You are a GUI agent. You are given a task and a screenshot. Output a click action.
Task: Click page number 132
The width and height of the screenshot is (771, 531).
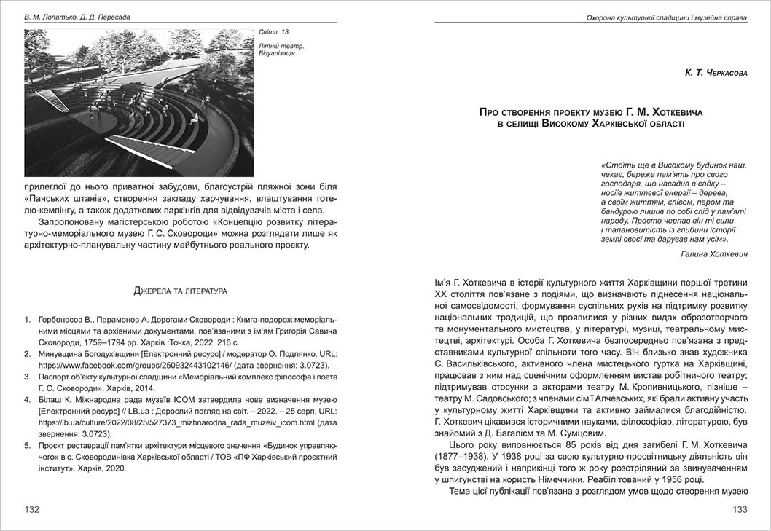click(x=32, y=509)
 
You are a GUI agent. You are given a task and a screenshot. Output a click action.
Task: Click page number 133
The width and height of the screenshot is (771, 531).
click(x=740, y=509)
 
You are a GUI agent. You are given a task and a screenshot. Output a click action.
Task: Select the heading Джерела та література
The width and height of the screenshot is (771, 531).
click(x=180, y=291)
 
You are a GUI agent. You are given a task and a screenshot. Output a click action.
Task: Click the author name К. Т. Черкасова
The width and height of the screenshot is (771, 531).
click(x=716, y=73)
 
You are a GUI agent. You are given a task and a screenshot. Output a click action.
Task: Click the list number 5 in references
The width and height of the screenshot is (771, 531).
click(x=28, y=445)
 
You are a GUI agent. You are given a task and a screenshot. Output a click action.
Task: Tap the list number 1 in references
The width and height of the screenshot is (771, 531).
click(x=28, y=318)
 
